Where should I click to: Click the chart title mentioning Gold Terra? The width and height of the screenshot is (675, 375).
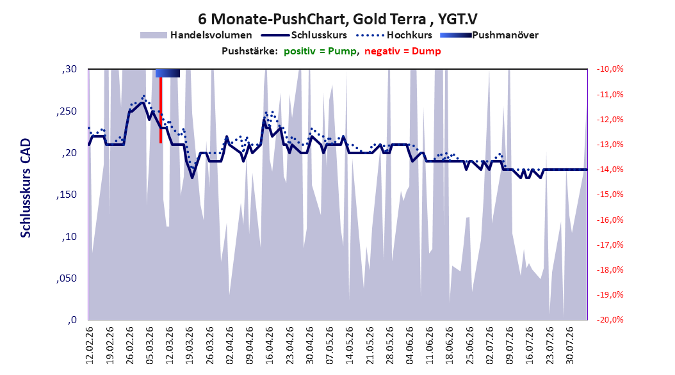click(337, 19)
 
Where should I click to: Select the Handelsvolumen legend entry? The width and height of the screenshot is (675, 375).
click(196, 35)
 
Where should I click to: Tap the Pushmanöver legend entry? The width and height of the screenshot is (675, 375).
click(489, 35)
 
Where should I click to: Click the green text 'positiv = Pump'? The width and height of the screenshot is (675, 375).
click(320, 51)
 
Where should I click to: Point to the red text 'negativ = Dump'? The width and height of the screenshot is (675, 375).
click(403, 51)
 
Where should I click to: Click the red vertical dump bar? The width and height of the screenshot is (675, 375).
click(161, 110)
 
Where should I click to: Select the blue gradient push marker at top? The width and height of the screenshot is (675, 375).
click(167, 73)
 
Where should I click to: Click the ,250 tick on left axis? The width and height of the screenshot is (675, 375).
click(67, 111)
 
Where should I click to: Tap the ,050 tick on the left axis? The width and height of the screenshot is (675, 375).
click(67, 278)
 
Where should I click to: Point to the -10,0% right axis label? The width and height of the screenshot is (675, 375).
click(610, 69)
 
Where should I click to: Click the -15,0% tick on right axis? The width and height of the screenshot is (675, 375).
click(610, 195)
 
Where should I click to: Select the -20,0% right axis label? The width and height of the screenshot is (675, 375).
click(610, 319)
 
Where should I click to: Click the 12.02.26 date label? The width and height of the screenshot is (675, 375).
click(90, 346)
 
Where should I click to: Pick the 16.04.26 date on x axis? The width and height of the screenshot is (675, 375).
click(270, 346)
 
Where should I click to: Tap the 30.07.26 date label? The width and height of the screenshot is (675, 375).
click(569, 346)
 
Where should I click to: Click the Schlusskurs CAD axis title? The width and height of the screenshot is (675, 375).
click(26, 188)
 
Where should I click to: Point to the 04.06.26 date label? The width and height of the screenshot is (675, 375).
click(409, 346)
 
